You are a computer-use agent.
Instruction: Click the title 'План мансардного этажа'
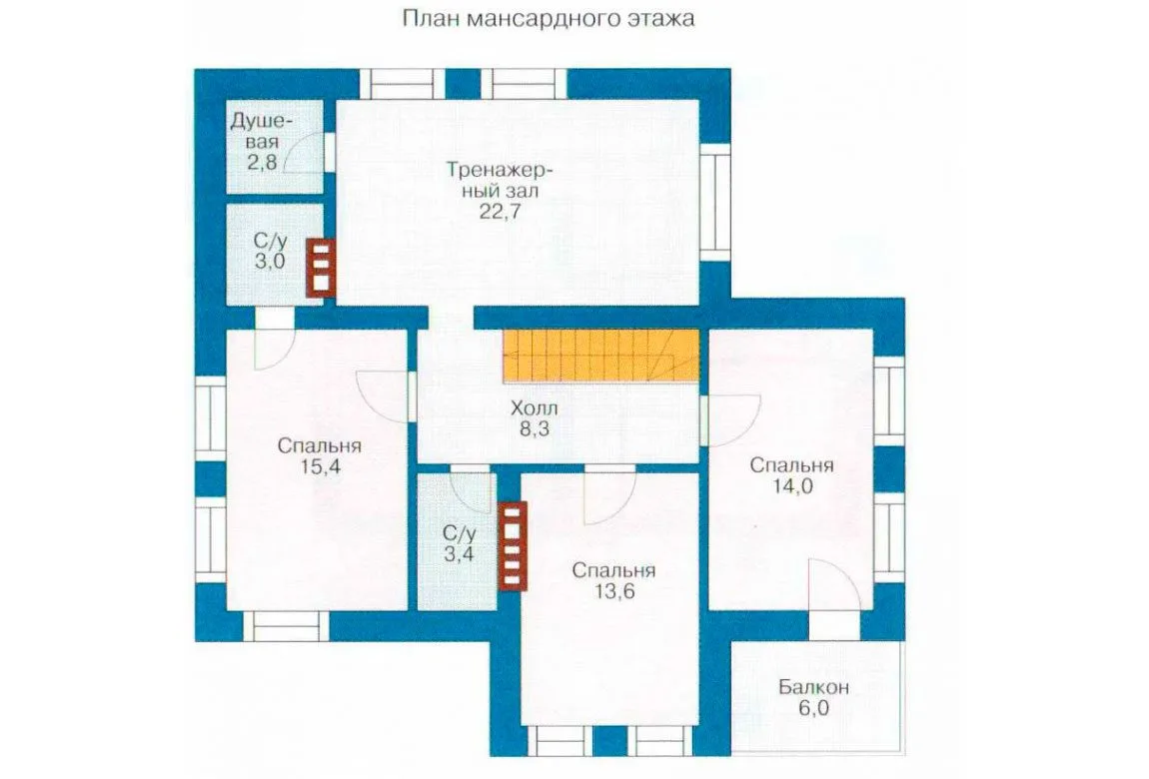(x=549, y=18)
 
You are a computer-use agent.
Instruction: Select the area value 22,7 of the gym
(x=501, y=212)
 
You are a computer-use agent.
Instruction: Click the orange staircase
(x=600, y=355)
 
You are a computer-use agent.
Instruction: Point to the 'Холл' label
(x=535, y=407)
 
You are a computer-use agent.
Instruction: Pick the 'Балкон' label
(x=813, y=687)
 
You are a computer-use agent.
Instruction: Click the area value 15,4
(x=320, y=466)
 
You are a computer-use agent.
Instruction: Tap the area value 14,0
(x=792, y=485)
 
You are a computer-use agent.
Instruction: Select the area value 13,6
(x=614, y=591)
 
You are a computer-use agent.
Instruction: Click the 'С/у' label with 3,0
(x=271, y=241)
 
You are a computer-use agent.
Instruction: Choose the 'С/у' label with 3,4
(x=460, y=533)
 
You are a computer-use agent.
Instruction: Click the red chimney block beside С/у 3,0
(x=321, y=268)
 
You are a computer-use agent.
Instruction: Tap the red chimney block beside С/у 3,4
(x=513, y=545)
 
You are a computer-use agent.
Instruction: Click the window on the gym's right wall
(x=714, y=202)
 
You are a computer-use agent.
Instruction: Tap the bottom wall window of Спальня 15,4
(x=286, y=627)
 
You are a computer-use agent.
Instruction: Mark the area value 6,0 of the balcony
(x=813, y=708)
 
